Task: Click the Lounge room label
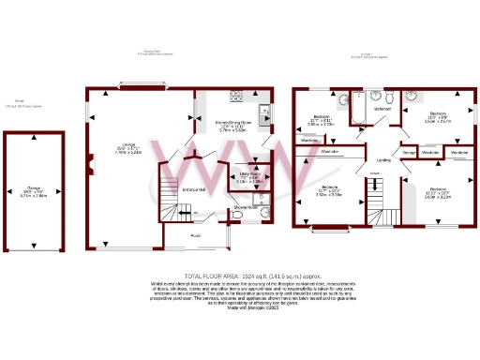point(128,146)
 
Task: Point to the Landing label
point(384,160)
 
